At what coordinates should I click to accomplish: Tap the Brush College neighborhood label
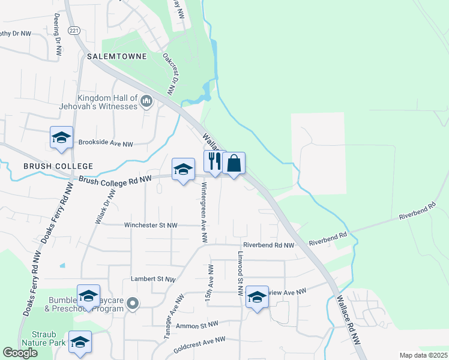click(x=58, y=166)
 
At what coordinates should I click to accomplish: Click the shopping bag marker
click(x=234, y=163)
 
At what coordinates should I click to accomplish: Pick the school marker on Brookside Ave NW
click(x=61, y=139)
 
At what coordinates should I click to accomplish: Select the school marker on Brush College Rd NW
click(x=183, y=170)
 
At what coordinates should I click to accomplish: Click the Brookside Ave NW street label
click(x=105, y=144)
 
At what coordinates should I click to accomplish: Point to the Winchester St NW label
click(x=151, y=226)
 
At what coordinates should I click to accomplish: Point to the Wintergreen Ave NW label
click(x=204, y=212)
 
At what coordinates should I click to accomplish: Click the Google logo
click(x=20, y=353)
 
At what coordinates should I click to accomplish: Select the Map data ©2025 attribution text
click(x=423, y=355)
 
